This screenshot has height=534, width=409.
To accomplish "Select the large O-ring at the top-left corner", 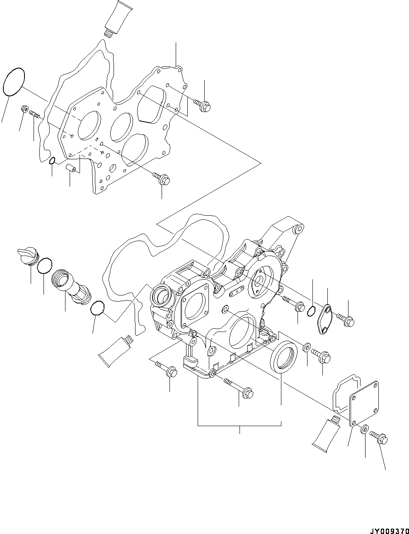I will point(14,83).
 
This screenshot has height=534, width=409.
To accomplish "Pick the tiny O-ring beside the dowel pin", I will point(52,161).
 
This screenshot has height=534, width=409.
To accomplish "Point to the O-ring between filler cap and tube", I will point(44,266).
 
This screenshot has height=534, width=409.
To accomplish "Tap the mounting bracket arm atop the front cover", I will point(286,236).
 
